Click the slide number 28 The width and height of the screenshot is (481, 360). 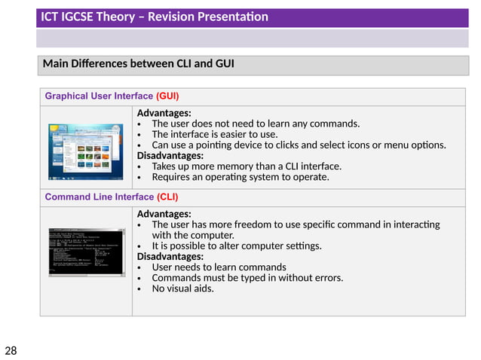click(11, 350)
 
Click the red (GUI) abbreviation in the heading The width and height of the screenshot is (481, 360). click(167, 96)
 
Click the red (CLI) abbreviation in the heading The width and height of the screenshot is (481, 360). click(167, 197)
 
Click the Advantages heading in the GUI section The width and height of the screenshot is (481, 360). click(164, 113)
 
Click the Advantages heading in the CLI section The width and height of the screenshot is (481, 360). click(164, 214)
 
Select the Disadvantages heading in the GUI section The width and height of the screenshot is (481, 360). click(170, 156)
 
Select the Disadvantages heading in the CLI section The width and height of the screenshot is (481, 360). click(170, 256)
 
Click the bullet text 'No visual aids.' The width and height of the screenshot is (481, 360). click(182, 288)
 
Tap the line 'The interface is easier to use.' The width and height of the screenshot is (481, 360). click(215, 134)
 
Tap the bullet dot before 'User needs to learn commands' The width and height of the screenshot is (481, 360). click(140, 267)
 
